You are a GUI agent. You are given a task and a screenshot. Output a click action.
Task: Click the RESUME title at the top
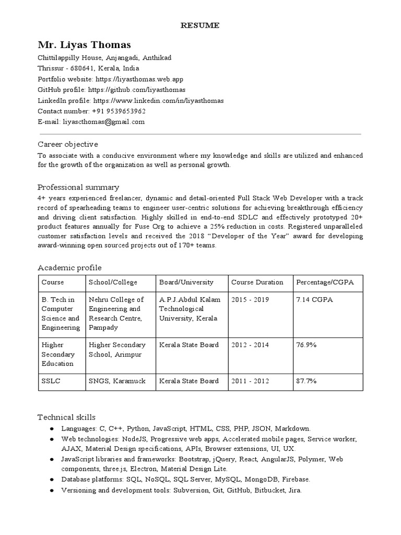(200, 25)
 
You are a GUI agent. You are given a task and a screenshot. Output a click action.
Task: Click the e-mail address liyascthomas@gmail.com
(103, 122)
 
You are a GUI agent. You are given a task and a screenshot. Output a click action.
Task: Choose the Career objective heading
(68, 144)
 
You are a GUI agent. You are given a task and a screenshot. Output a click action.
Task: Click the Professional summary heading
(78, 187)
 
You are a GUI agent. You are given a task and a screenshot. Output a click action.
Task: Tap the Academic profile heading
(69, 267)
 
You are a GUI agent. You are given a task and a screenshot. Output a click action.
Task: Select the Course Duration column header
(257, 282)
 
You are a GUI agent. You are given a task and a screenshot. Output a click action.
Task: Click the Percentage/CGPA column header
(325, 282)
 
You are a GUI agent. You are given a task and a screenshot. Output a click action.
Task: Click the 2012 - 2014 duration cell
(250, 345)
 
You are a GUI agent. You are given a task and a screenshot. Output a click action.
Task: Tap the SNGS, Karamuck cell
(117, 381)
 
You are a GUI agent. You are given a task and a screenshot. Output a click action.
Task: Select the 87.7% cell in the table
(306, 381)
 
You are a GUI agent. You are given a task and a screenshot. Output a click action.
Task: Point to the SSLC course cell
(51, 381)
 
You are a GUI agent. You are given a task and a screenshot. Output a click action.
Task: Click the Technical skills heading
(66, 417)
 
